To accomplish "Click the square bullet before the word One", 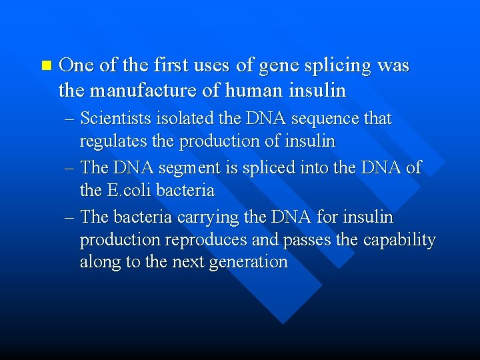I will point(45,65).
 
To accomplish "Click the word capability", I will point(399,240).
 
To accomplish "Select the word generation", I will point(248,263).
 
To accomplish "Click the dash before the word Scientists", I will point(71,119).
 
